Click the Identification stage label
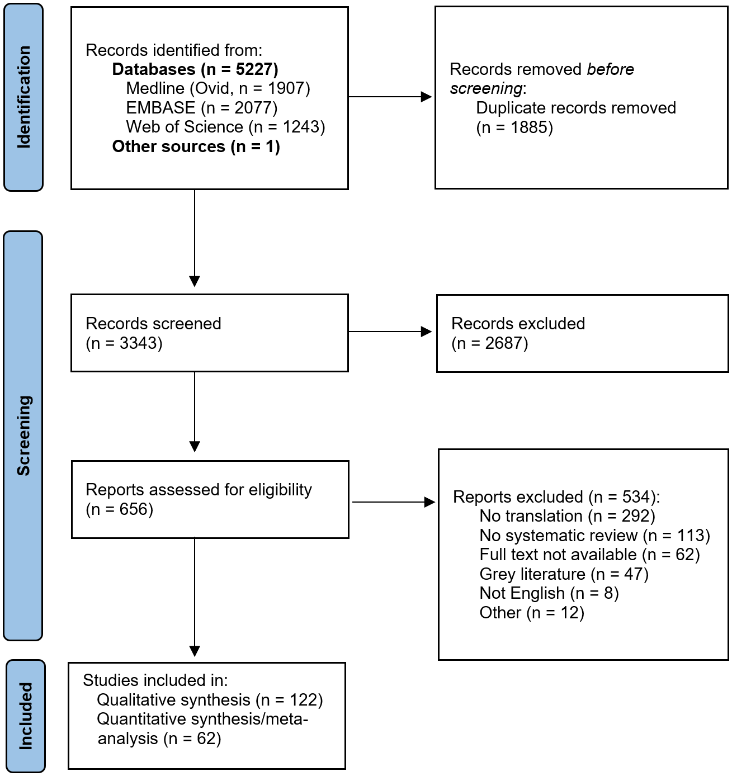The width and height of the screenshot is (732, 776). click(23, 97)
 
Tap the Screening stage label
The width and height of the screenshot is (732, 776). click(23, 436)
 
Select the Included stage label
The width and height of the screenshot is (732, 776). click(26, 716)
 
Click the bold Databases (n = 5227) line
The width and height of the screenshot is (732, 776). click(195, 69)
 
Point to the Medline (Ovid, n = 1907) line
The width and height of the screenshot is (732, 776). click(218, 88)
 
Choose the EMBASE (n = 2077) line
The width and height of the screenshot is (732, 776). click(201, 107)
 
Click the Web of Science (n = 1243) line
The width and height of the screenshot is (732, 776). click(225, 127)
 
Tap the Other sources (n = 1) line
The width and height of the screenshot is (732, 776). click(196, 146)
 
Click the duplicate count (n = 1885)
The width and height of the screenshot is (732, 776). click(514, 127)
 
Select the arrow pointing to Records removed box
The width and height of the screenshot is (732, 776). click(390, 97)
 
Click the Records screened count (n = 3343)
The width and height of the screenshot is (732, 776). click(124, 343)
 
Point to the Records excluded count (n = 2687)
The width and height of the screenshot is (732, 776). click(489, 343)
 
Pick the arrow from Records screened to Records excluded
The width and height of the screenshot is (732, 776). click(390, 332)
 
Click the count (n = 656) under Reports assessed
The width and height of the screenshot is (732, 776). click(119, 509)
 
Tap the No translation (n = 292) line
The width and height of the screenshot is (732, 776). click(567, 516)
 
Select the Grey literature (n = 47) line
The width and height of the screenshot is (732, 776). click(564, 574)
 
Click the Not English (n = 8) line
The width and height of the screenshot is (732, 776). click(549, 593)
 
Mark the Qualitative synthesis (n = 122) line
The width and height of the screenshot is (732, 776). click(210, 700)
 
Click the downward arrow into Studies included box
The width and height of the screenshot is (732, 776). click(195, 598)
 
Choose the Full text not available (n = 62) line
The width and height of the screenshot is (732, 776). click(589, 555)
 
